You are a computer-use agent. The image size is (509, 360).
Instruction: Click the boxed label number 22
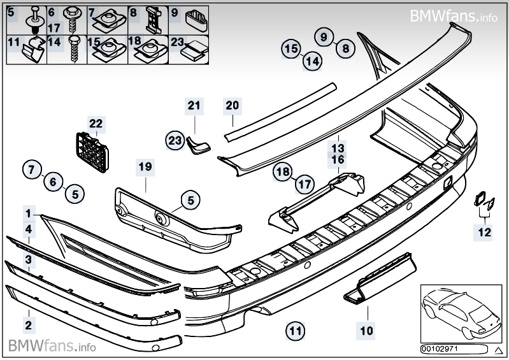[96, 124]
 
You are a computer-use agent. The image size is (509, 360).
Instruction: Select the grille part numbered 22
[92, 152]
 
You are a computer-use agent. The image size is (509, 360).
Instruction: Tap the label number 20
[233, 106]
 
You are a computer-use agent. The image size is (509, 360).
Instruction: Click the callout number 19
[145, 167]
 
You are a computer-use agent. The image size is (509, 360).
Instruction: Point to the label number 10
[366, 331]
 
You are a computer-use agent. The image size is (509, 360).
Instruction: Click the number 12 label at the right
[484, 233]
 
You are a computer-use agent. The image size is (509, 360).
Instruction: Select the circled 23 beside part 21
[175, 141]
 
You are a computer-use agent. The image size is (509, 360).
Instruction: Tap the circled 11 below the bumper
[295, 331]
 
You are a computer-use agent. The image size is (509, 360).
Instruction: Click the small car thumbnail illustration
[461, 313]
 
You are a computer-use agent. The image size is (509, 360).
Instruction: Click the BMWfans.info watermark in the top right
[454, 15]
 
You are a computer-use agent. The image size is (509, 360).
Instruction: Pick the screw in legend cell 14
[74, 50]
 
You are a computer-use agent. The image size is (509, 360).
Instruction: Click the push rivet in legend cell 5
[34, 20]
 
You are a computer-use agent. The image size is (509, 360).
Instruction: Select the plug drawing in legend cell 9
[197, 21]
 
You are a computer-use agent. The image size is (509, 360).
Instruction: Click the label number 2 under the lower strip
[29, 325]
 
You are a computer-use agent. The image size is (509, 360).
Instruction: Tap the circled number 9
[324, 37]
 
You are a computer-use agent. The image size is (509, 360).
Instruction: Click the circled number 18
[283, 171]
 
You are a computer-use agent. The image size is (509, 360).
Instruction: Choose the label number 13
[338, 148]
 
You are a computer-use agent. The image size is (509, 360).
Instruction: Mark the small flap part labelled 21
[198, 145]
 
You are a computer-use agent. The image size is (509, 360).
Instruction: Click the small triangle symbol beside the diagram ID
[498, 350]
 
